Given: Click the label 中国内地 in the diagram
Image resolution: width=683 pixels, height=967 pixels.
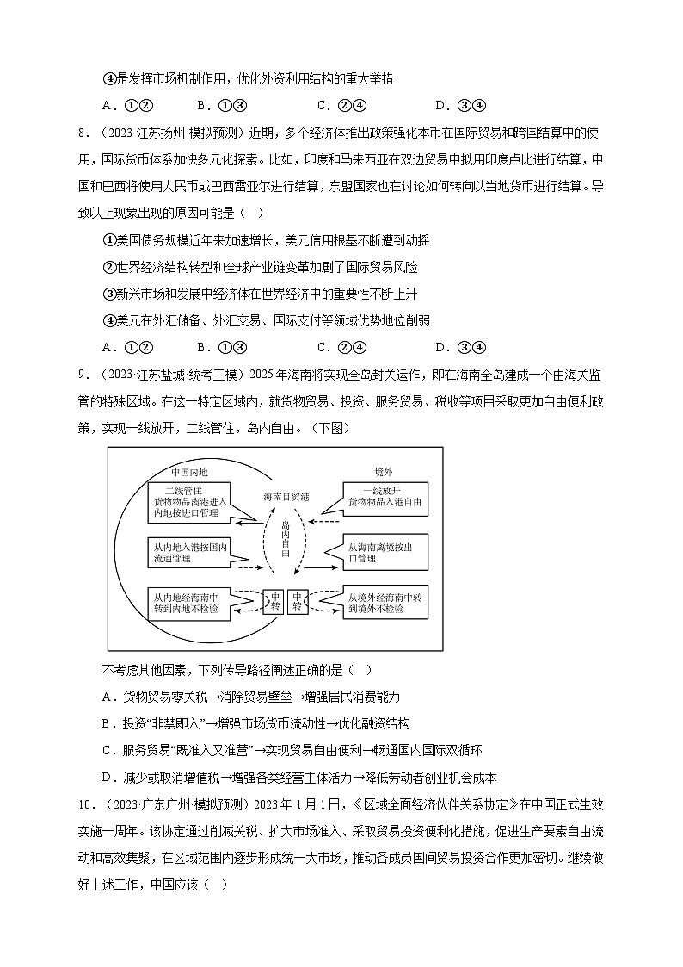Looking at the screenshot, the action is pyautogui.click(x=189, y=472).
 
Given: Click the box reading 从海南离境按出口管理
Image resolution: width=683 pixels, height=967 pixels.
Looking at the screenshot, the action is pyautogui.click(x=385, y=552).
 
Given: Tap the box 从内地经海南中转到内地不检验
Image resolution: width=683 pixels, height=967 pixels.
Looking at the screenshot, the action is pyautogui.click(x=189, y=602).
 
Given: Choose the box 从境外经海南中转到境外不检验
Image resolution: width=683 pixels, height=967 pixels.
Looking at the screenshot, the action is pyautogui.click(x=385, y=602).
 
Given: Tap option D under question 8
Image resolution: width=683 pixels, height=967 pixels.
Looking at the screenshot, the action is pyautogui.click(x=440, y=347).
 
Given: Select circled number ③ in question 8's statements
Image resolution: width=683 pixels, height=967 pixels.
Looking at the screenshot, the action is pyautogui.click(x=109, y=294).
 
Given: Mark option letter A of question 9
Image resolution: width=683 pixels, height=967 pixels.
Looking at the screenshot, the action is pyautogui.click(x=107, y=697).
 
